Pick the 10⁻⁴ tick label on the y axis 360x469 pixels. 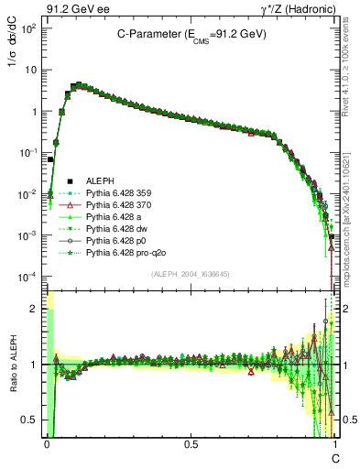(x=27, y=277)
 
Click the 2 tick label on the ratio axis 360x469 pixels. (x=32, y=309)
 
